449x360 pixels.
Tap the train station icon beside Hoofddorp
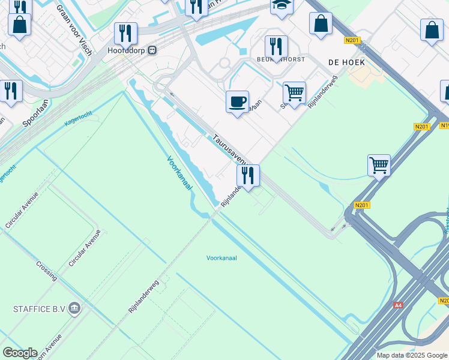(152, 50)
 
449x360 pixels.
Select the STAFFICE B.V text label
(38, 309)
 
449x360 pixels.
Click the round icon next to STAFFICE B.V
(74, 309)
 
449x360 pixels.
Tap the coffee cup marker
(237, 101)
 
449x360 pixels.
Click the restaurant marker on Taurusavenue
(248, 175)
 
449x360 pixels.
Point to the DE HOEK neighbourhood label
(343, 62)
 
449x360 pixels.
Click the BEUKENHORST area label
(282, 59)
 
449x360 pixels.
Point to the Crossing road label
(47, 271)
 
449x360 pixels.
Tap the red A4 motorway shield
(398, 305)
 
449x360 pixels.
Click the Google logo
(20, 353)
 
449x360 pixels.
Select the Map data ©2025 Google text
(412, 355)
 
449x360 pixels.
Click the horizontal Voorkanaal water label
(221, 257)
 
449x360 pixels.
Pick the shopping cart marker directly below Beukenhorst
(294, 92)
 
